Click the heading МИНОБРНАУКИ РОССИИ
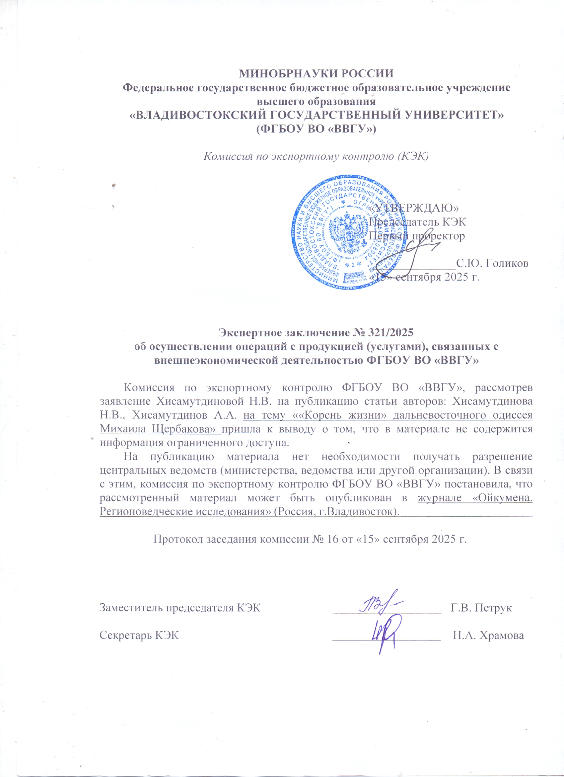[x=316, y=74]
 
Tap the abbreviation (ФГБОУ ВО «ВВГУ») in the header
[x=316, y=129]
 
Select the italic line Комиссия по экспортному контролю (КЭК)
[x=316, y=156]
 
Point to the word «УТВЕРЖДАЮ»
[x=415, y=208]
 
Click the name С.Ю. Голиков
[x=492, y=263]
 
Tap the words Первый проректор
[x=416, y=236]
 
